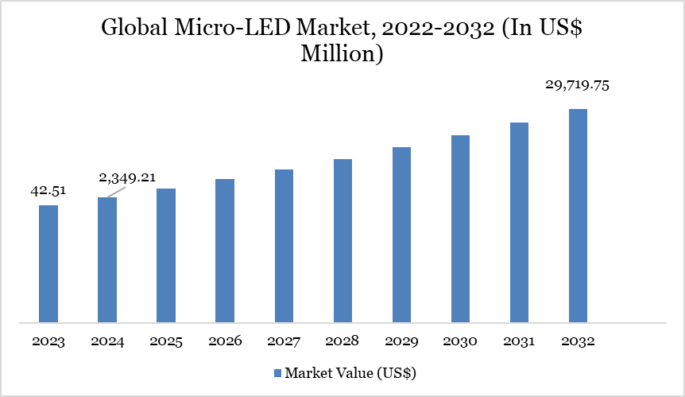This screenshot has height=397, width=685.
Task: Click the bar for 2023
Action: [x=48, y=264]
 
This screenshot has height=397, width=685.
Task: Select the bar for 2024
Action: [x=107, y=260]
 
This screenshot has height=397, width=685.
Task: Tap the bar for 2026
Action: [x=225, y=251]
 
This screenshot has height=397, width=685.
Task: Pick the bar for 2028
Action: [x=342, y=241]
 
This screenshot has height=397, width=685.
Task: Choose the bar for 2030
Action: [x=460, y=229]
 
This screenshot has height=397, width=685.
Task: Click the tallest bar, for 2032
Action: [x=578, y=216]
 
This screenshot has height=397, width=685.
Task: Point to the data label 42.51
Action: [x=48, y=191]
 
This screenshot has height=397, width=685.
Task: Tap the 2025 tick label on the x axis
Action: [x=166, y=341]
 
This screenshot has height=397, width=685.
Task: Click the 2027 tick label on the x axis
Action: [x=284, y=341]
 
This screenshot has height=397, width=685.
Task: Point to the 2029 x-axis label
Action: [x=401, y=341]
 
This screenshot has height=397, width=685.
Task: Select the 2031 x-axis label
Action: [x=519, y=341]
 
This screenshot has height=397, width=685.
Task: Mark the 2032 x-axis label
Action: [x=578, y=341]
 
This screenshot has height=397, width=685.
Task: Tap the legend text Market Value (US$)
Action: [x=350, y=372]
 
